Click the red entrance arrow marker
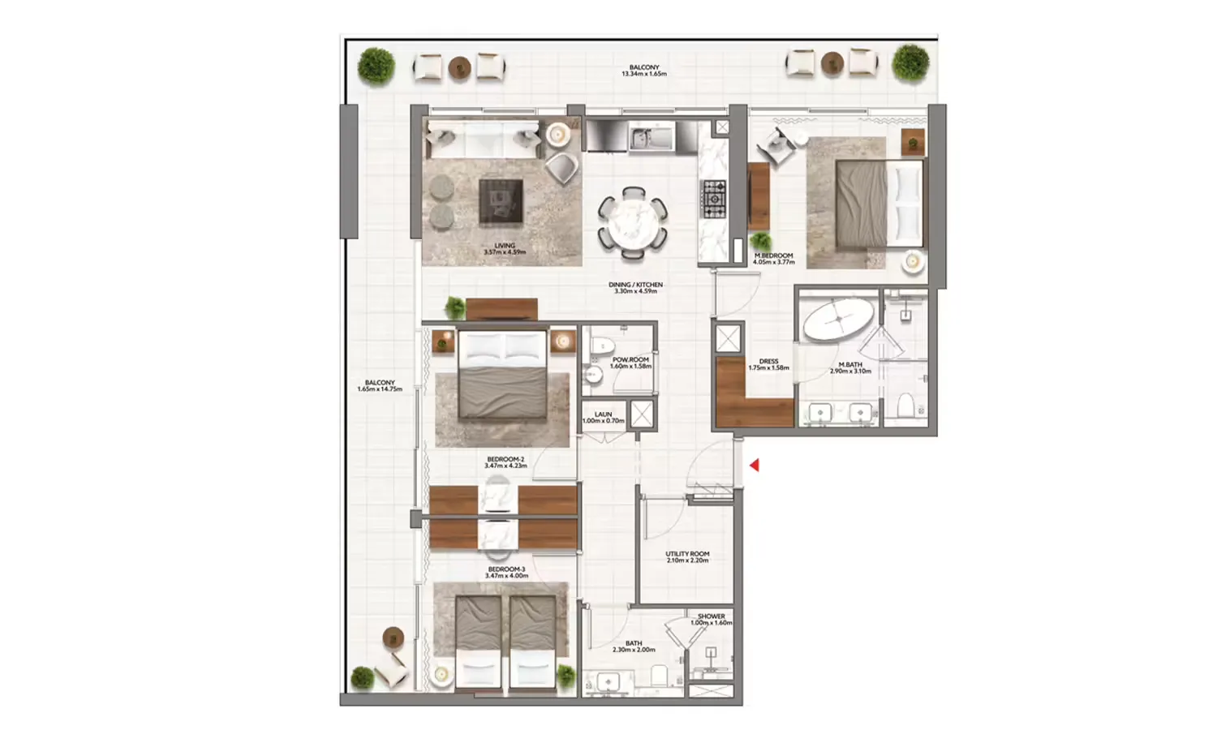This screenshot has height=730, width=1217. (754, 466)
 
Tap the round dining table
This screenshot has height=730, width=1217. (633, 222)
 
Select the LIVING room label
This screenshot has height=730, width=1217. (505, 246)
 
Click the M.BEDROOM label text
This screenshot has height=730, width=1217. (773, 255)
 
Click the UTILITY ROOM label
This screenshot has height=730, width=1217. (687, 554)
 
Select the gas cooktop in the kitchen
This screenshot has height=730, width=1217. (714, 199)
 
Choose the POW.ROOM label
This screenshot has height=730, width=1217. (630, 359)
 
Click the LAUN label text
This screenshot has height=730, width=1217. (603, 414)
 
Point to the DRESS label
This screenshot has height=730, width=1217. (768, 362)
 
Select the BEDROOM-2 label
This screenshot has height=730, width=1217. (505, 460)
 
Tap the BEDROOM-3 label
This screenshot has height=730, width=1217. (506, 569)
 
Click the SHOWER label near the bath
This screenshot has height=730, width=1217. (711, 616)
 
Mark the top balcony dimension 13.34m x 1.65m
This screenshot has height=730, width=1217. (644, 74)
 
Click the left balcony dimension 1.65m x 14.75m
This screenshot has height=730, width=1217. (380, 389)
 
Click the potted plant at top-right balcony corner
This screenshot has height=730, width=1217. (910, 62)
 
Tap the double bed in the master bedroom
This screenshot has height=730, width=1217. (879, 203)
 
